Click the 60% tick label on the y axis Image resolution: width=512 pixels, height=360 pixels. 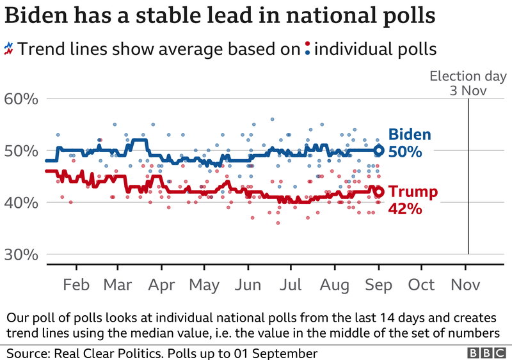(x=22, y=99)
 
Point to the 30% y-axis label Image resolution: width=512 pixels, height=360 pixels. (x=22, y=254)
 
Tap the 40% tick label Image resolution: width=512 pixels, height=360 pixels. (x=22, y=203)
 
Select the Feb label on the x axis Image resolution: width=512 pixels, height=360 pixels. (x=77, y=285)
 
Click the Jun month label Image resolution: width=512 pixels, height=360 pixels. (x=248, y=285)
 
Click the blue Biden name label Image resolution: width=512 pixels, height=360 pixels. (x=410, y=136)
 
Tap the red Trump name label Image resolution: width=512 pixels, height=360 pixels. (x=413, y=192)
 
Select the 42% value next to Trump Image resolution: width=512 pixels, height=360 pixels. (x=405, y=208)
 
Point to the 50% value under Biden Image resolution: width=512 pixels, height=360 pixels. (x=405, y=152)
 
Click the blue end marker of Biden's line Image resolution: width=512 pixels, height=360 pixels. (x=378, y=151)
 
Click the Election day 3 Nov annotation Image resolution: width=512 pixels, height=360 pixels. (x=458, y=83)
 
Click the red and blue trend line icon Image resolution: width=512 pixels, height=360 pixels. (x=9, y=48)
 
